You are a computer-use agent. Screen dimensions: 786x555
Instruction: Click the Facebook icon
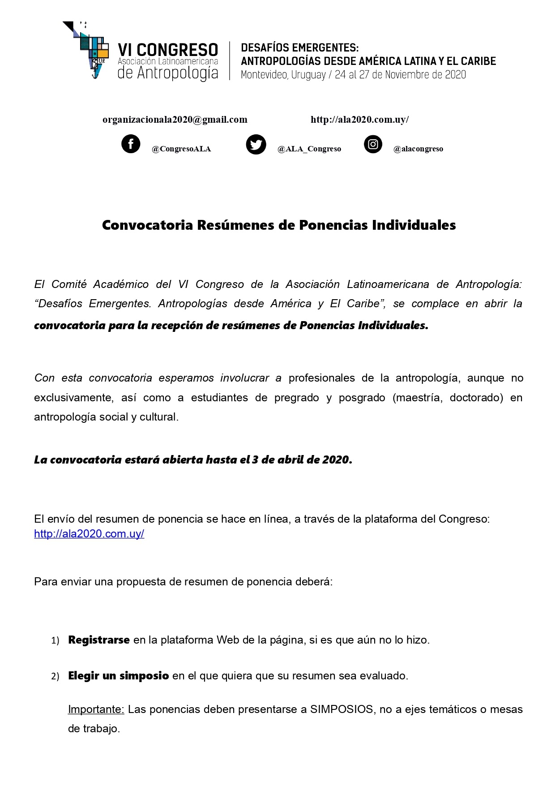[x=131, y=144]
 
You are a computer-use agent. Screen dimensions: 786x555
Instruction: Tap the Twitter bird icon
[x=256, y=145]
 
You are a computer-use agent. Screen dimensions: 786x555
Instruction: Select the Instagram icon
[x=373, y=144]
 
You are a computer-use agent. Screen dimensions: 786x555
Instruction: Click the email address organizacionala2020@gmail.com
[x=175, y=120]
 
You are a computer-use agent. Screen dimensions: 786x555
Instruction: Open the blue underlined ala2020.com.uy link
[x=89, y=534]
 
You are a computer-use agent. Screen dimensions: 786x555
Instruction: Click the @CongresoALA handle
[x=181, y=149]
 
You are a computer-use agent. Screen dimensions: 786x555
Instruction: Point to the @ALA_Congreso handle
[x=309, y=149]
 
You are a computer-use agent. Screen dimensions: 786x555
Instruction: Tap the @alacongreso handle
[x=418, y=149]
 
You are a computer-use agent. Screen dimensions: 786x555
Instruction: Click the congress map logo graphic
[x=87, y=49]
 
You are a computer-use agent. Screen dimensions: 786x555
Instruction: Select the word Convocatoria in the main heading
[x=147, y=225]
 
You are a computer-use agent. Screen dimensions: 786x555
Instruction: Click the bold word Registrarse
[x=99, y=640]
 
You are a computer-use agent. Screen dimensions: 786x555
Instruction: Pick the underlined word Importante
[x=96, y=709]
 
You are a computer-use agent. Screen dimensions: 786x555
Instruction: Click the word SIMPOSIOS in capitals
[x=342, y=709]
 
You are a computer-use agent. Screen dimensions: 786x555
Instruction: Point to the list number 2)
[x=55, y=676]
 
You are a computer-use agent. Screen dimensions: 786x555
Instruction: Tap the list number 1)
[x=55, y=640]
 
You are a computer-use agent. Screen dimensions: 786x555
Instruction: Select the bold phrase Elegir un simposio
[x=119, y=676]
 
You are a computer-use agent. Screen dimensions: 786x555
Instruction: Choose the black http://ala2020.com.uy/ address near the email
[x=359, y=120]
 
